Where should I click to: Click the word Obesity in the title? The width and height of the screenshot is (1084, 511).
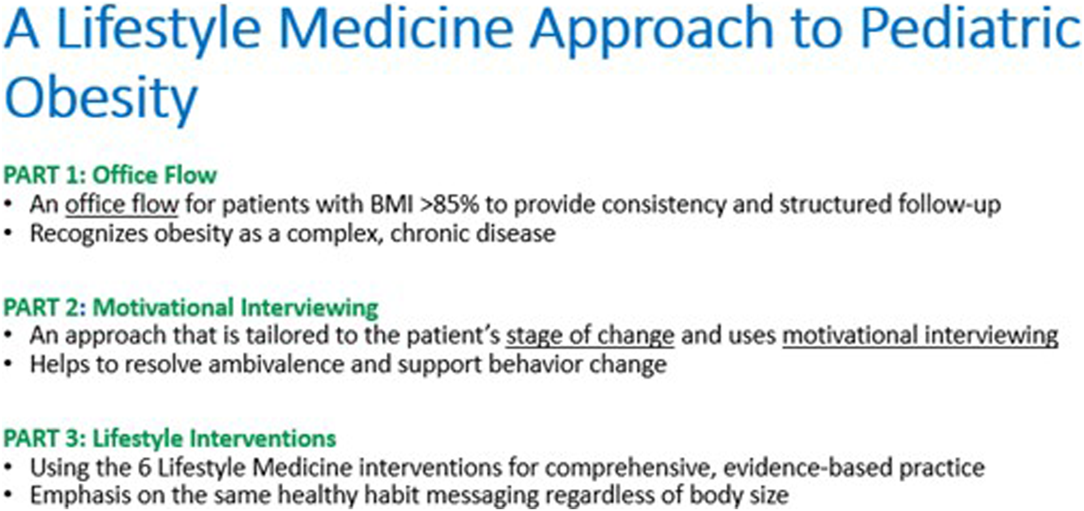tap(101, 99)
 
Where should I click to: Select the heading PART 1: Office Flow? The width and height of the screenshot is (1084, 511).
tap(110, 175)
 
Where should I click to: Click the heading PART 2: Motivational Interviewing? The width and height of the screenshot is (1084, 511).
tap(191, 307)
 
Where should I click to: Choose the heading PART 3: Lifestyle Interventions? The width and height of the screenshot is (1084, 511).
tap(170, 438)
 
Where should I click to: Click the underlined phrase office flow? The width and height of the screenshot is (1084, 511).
tap(121, 205)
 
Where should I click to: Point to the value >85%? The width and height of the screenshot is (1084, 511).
tap(449, 205)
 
